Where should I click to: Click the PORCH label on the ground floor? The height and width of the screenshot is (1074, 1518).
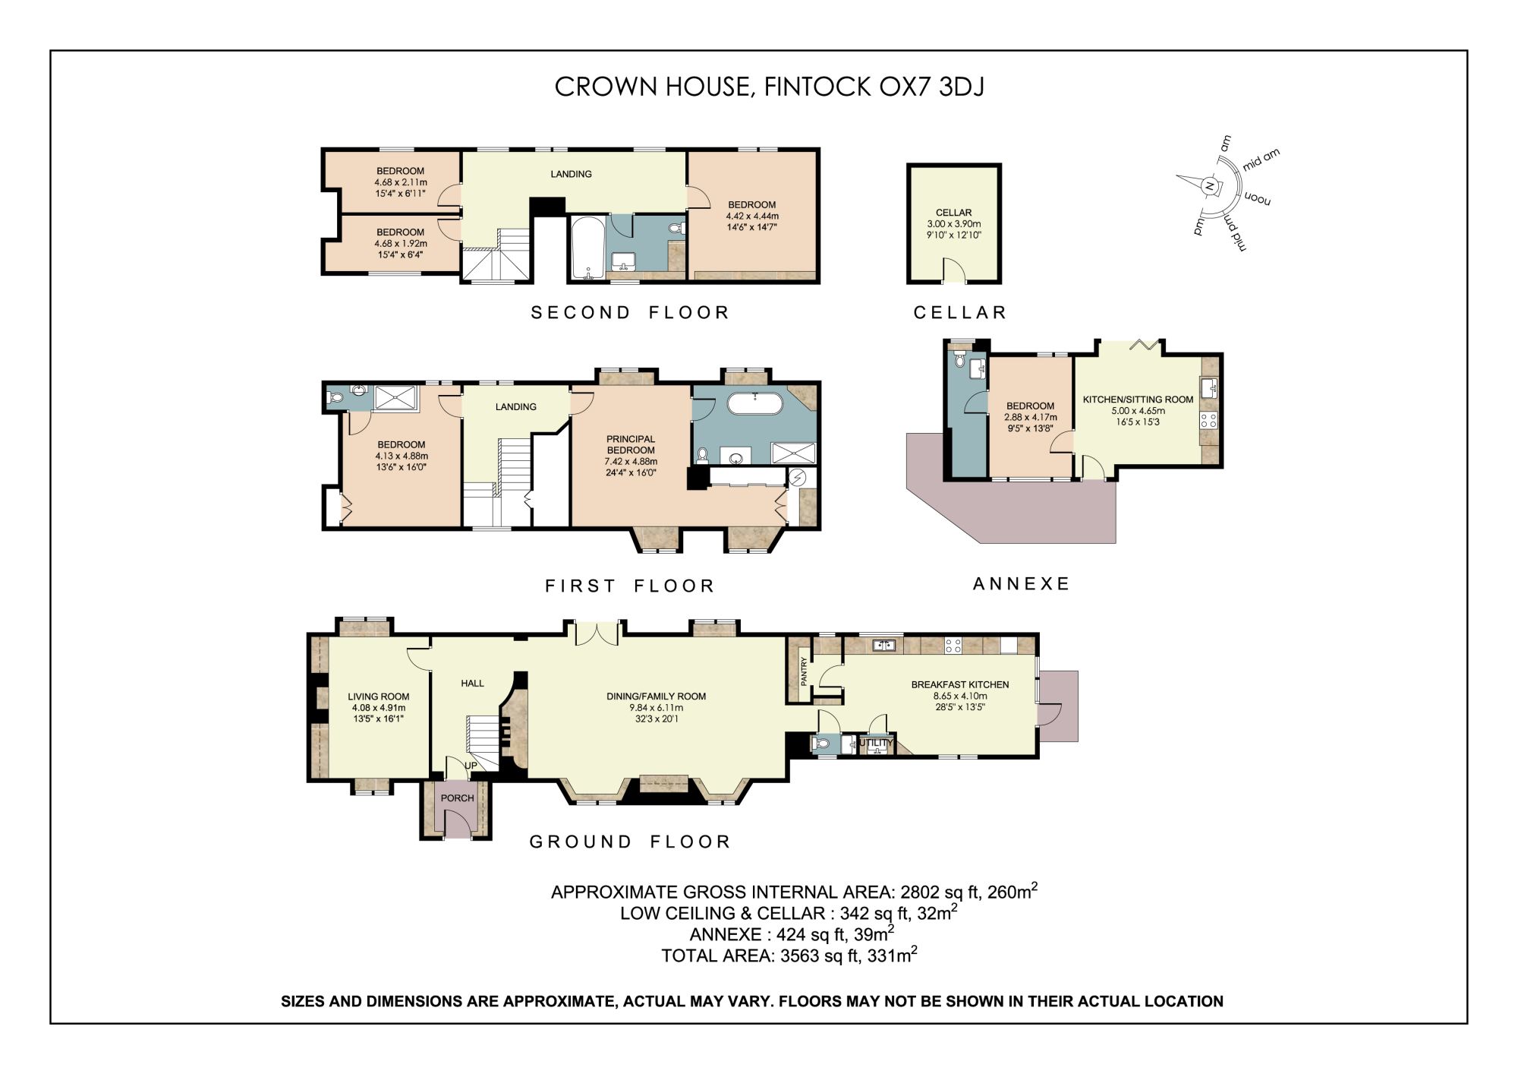[x=457, y=798]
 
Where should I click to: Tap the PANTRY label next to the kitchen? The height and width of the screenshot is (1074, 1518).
[x=805, y=671]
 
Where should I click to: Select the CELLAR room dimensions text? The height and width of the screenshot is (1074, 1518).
[x=953, y=229]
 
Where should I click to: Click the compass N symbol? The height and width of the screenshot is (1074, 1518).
[x=1210, y=185]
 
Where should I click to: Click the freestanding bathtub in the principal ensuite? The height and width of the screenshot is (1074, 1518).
[x=754, y=403]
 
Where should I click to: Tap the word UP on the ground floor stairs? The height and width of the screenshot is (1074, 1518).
[x=471, y=766]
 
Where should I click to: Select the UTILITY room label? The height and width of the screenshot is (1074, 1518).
[x=876, y=743]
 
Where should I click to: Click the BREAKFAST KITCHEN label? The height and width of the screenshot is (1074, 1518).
[x=960, y=684]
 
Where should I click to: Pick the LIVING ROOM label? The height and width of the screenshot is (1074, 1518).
[x=379, y=697]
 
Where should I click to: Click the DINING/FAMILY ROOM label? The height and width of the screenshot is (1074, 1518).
[x=657, y=697]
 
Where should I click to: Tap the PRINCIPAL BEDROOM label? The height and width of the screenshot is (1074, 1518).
[x=631, y=444]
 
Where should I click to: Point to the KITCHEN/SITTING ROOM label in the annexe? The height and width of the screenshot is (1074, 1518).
[x=1138, y=400]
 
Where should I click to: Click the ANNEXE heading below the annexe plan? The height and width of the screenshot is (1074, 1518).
[x=1022, y=583]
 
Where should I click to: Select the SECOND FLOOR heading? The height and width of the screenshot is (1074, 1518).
[x=630, y=312]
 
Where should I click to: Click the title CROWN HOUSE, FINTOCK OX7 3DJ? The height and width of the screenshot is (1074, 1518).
[x=770, y=87]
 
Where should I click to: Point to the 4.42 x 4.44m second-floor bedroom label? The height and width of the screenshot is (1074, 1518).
[x=752, y=216]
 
